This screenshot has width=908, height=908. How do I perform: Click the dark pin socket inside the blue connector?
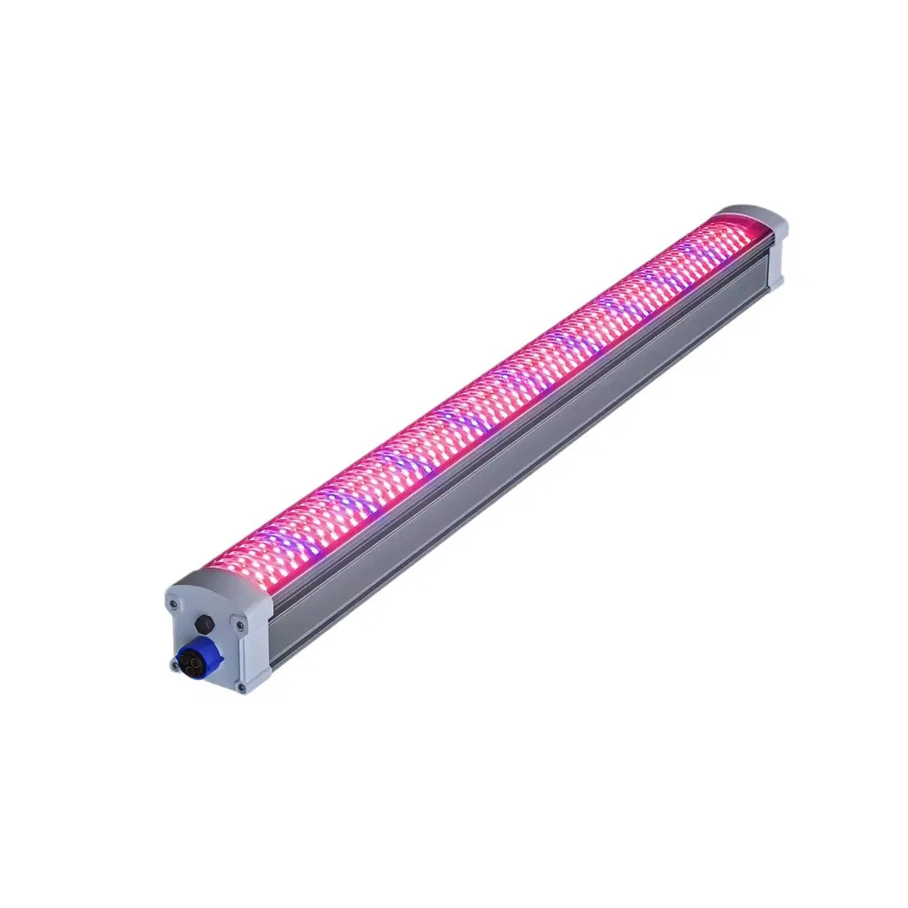(189, 660)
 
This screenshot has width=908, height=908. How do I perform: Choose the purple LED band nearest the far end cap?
(685, 248)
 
